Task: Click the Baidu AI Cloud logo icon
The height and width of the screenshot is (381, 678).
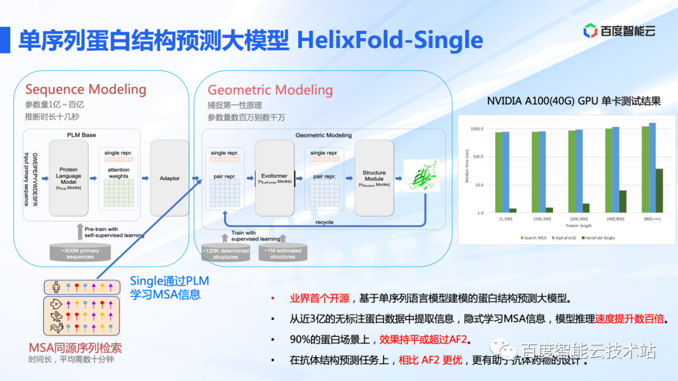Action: pyautogui.click(x=590, y=30)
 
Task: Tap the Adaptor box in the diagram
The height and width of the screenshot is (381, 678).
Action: pyautogui.click(x=169, y=178)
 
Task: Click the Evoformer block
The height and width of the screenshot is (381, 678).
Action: pyautogui.click(x=275, y=178)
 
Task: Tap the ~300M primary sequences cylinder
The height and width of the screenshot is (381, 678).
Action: pyautogui.click(x=79, y=252)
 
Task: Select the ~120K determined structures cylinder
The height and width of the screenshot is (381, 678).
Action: pyautogui.click(x=225, y=252)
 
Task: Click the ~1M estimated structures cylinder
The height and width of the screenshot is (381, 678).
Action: pyautogui.click(x=282, y=252)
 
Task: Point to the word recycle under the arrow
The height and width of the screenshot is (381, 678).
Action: pyautogui.click(x=325, y=222)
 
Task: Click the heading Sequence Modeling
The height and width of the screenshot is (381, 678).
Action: pyautogui.click(x=85, y=89)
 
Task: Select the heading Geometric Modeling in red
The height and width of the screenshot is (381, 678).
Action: pyautogui.click(x=270, y=90)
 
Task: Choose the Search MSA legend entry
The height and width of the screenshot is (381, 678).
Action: pyautogui.click(x=535, y=237)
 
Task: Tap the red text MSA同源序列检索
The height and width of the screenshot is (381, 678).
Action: pyautogui.click(x=75, y=348)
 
